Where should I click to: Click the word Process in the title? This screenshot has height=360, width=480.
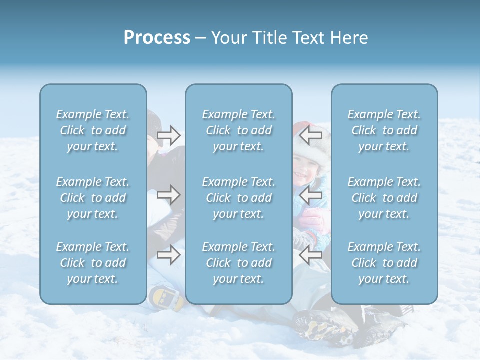(x=157, y=38)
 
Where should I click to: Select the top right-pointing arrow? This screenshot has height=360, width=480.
(x=169, y=135)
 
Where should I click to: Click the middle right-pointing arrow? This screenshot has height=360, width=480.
(x=169, y=194)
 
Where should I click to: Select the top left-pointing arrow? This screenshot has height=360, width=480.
(x=310, y=135)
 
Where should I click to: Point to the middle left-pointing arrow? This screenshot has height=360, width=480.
(x=310, y=195)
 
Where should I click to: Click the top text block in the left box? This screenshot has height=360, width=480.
(x=93, y=130)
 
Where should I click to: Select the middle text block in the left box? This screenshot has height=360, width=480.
(x=93, y=198)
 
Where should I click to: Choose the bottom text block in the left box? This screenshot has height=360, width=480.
(x=93, y=263)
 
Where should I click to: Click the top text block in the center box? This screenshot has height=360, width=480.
(x=238, y=130)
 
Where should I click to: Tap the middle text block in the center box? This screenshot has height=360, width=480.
(x=238, y=198)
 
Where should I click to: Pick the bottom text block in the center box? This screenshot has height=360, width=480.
(x=238, y=263)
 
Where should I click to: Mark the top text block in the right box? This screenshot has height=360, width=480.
(x=384, y=130)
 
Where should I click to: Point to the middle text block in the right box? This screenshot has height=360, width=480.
(x=384, y=198)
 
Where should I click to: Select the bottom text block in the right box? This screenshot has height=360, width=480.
(x=384, y=263)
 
